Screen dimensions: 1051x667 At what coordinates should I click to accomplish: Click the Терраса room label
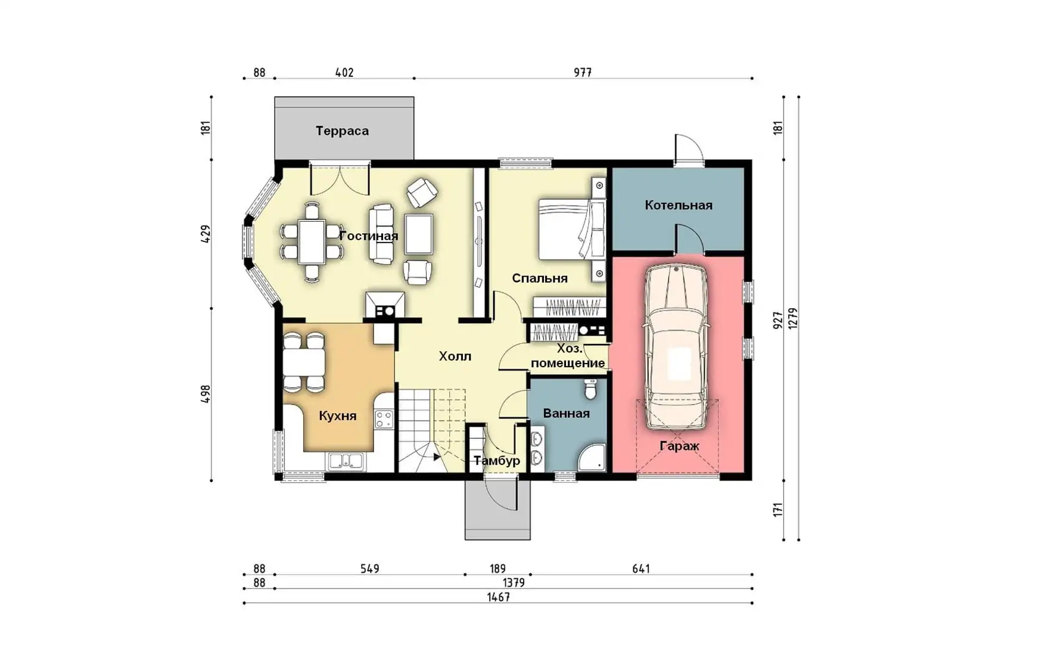(x=342, y=131)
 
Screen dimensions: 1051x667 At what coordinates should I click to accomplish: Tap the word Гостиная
(x=368, y=236)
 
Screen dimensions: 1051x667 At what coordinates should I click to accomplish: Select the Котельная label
(x=679, y=206)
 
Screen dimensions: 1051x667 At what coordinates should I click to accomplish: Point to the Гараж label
(x=679, y=446)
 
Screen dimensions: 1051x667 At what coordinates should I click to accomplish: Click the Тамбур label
(x=497, y=461)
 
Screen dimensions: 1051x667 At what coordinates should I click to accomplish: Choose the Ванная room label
(x=566, y=414)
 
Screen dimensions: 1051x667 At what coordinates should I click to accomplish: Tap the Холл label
(x=455, y=356)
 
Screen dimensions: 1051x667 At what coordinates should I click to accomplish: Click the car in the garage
(x=676, y=347)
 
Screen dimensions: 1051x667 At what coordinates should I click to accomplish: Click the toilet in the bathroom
(x=590, y=389)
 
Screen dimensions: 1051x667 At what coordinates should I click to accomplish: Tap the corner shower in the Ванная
(x=592, y=458)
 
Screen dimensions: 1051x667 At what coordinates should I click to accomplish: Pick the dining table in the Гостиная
(x=312, y=241)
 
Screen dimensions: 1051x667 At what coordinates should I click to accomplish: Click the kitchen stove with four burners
(x=384, y=420)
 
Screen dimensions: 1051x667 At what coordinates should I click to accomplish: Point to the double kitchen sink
(x=346, y=461)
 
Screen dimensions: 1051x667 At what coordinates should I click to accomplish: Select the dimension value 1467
(x=498, y=597)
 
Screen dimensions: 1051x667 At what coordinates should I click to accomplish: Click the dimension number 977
(x=583, y=73)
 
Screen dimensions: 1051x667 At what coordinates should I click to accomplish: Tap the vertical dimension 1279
(x=792, y=318)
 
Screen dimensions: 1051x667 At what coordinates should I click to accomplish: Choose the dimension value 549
(x=369, y=569)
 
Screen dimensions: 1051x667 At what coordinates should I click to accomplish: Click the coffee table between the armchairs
(x=419, y=234)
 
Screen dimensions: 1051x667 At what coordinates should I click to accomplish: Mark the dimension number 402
(x=344, y=73)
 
